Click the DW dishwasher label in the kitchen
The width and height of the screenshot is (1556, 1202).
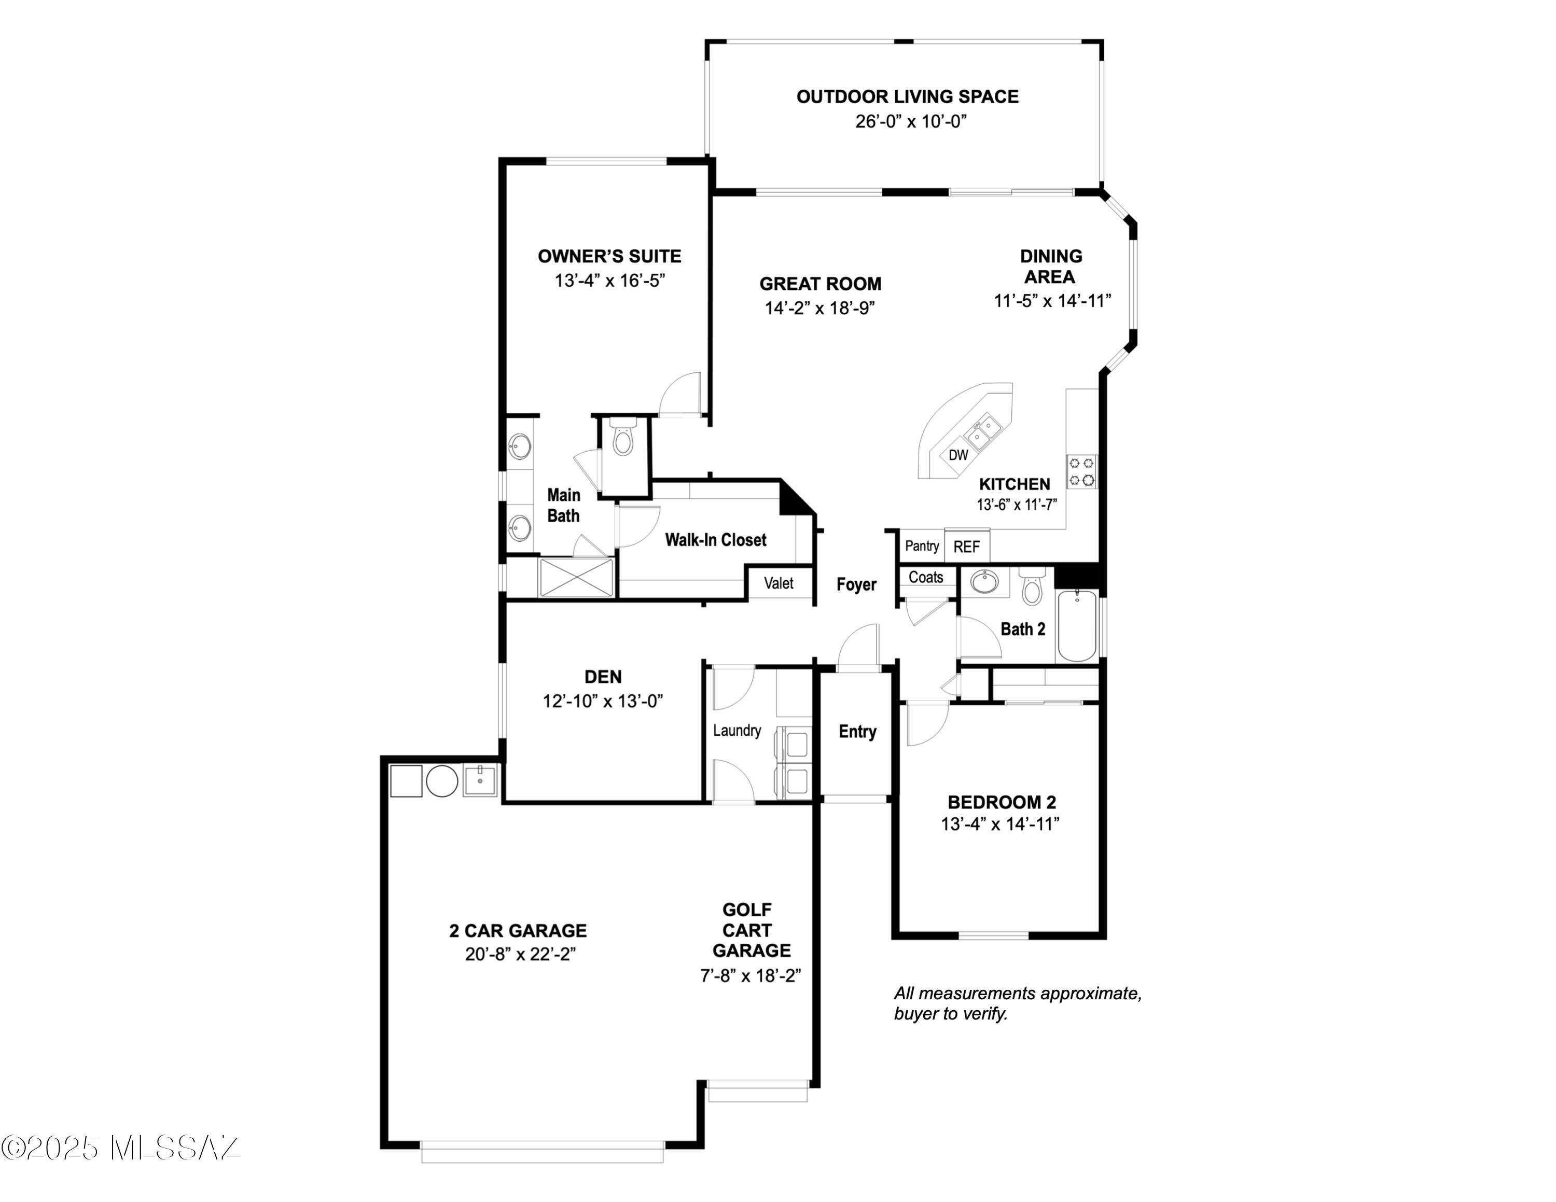pos(958,455)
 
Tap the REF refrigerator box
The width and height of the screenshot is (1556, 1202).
pos(967,547)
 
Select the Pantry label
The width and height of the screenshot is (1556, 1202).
pos(922,546)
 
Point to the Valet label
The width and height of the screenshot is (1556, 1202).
pos(779,583)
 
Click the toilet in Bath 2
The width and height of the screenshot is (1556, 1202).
pos(1032,587)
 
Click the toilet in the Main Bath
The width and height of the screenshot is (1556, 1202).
pos(623,437)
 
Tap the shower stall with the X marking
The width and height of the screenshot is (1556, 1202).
pos(576,578)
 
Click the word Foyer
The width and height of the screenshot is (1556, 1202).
pos(856,584)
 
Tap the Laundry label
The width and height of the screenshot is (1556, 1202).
pos(737,730)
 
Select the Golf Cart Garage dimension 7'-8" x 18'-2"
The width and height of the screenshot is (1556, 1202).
pos(750,975)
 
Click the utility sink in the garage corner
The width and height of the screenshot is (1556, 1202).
pos(481,780)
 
